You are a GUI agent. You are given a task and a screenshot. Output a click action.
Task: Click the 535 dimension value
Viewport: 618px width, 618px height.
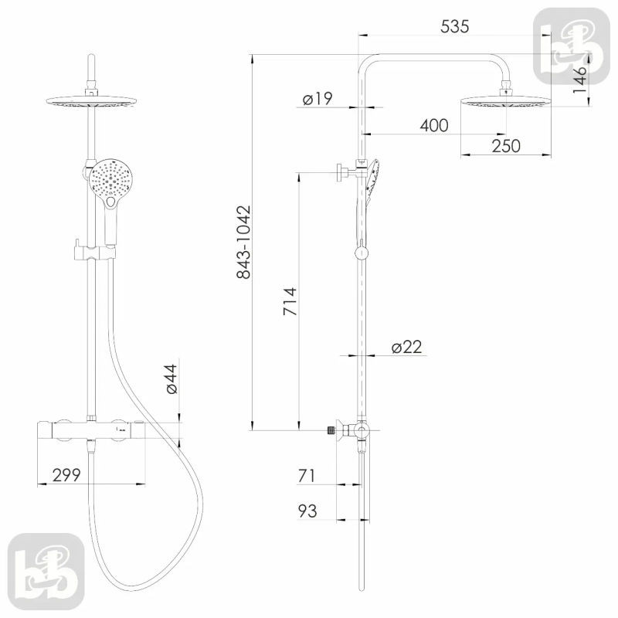click(454, 26)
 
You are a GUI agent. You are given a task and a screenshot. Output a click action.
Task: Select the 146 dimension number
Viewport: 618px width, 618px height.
click(579, 80)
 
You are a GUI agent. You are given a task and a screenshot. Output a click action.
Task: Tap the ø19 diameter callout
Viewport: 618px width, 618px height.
click(317, 99)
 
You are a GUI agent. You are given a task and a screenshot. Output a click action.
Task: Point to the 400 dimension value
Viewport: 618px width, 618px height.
click(434, 125)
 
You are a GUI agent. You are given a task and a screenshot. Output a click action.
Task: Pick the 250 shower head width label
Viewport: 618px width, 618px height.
click(506, 146)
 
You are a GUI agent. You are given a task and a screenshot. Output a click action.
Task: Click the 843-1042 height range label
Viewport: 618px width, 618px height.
click(243, 243)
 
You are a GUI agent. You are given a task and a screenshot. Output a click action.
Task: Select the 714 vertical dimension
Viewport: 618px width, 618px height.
click(290, 301)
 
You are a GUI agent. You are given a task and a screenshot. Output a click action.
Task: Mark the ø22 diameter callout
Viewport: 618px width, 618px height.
click(407, 347)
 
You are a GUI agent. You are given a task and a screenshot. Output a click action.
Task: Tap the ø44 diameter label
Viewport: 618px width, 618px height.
click(171, 379)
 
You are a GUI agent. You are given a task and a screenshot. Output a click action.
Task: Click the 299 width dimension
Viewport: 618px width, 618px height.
click(66, 475)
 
